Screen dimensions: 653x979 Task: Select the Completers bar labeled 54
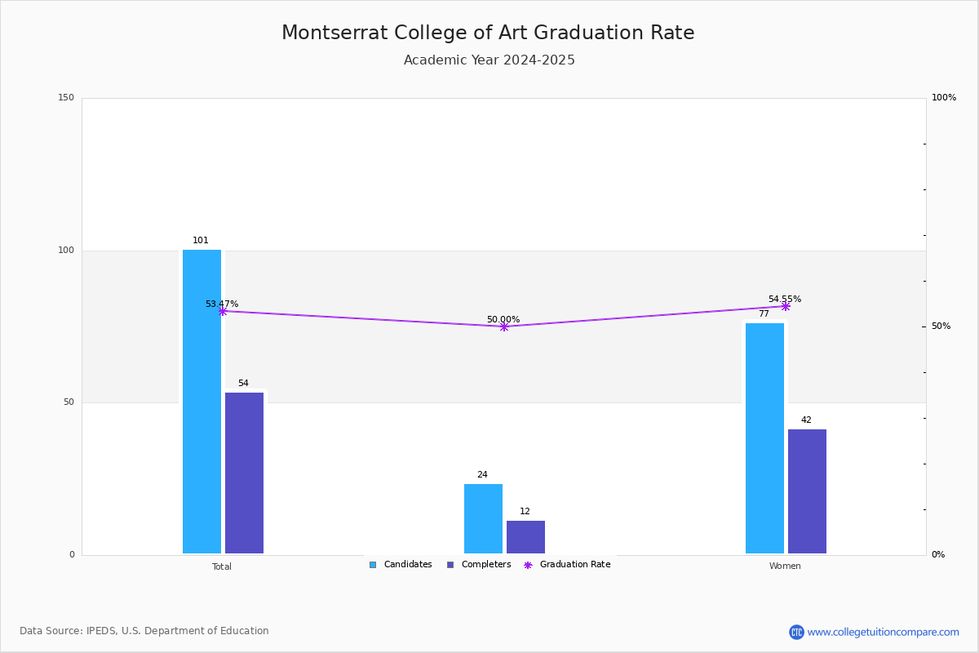[x=244, y=473]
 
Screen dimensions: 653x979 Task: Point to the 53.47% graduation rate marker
[x=222, y=311]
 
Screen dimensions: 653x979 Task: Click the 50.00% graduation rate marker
[x=503, y=326]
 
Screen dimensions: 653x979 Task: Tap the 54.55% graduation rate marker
[x=786, y=306]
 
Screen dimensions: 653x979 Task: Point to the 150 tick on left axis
[x=66, y=98]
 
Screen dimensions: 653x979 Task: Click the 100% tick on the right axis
[x=944, y=98]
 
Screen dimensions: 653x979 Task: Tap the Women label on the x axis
[x=785, y=566]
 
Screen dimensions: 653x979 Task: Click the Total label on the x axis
[x=222, y=566]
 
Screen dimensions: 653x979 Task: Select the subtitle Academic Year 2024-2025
[x=489, y=60]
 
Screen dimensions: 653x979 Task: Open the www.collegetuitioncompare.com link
[x=883, y=632]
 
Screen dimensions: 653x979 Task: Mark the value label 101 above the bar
[x=201, y=241]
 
